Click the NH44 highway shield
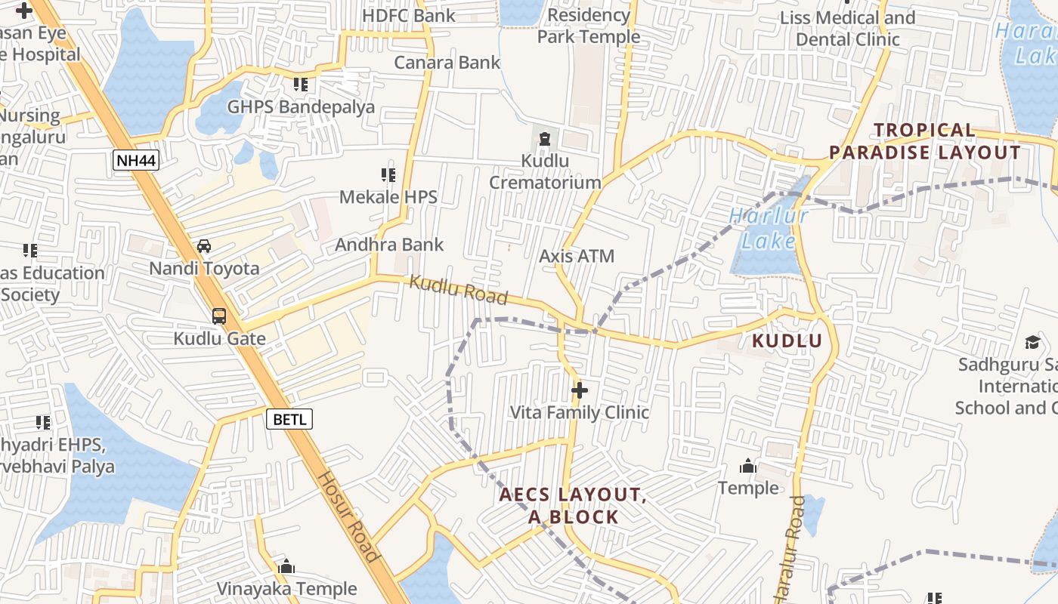tap(136, 160)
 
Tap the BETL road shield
tap(289, 418)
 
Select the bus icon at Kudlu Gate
tap(219, 316)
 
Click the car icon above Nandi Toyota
tap(204, 246)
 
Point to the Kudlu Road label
tap(458, 291)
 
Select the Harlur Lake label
tap(769, 229)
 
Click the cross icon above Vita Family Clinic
tap(580, 390)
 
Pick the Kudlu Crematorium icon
tap(545, 137)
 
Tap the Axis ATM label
tap(577, 256)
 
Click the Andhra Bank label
tap(389, 245)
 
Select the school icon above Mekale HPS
tap(388, 175)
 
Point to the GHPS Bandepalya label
tap(301, 106)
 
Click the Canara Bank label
tap(447, 62)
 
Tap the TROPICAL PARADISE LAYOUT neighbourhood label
tap(925, 141)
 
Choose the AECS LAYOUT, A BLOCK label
tap(572, 506)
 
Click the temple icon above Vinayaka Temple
tap(286, 566)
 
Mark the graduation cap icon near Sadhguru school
tap(1032, 343)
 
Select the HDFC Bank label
tap(409, 15)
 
